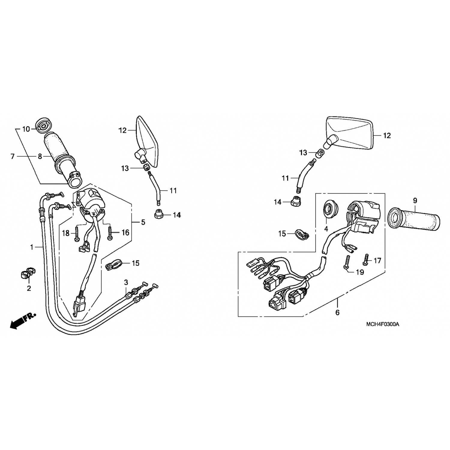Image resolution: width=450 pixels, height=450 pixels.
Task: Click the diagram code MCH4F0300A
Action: tap(382, 325)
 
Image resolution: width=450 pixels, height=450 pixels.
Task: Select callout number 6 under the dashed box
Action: tap(337, 313)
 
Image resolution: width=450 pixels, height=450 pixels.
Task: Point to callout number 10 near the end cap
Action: tap(26, 129)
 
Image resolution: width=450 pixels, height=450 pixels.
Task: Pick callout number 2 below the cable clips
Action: tap(29, 289)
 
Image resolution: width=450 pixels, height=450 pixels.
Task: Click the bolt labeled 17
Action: tap(365, 259)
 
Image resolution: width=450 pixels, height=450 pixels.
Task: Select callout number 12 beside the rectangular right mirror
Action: tap(387, 136)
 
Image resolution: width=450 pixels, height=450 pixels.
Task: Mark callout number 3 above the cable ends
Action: tap(126, 282)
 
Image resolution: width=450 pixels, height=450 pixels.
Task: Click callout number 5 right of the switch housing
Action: tap(143, 222)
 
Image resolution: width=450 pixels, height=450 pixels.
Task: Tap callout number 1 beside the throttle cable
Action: tap(31, 247)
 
